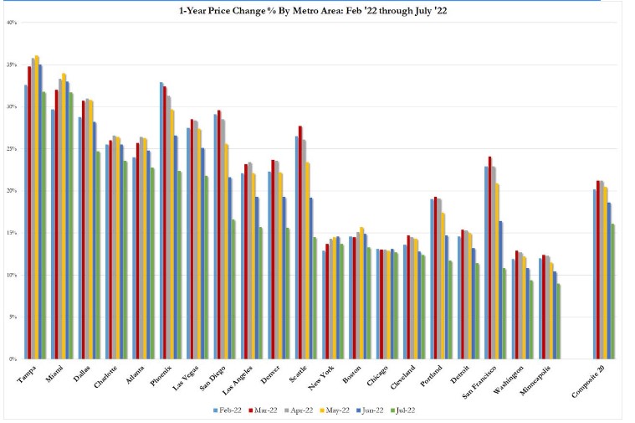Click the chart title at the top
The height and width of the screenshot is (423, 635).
click(319, 10)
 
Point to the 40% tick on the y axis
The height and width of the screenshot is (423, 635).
click(13, 23)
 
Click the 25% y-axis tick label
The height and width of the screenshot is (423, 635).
click(13, 149)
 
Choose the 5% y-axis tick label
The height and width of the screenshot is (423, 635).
click(13, 317)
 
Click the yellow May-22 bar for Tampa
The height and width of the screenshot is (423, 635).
click(38, 209)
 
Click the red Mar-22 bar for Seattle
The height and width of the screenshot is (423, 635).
click(300, 243)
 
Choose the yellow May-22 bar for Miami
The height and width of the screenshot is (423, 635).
click(64, 218)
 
